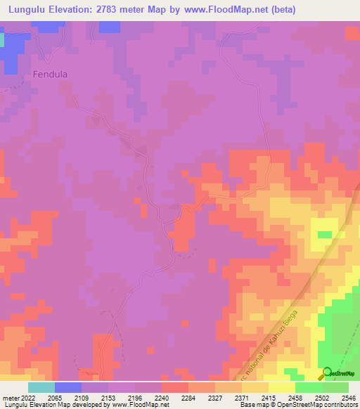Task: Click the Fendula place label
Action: click(x=50, y=73)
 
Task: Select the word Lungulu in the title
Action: click(x=30, y=10)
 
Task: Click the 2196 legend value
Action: click(x=146, y=397)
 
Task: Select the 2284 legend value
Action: click(x=206, y=397)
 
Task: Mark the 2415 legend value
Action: click(x=297, y=397)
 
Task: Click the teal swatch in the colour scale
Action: click(x=41, y=387)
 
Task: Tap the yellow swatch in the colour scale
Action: click(x=282, y=387)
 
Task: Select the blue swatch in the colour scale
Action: click(x=68, y=387)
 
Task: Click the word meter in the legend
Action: click(x=11, y=397)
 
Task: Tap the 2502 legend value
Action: click(x=328, y=397)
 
